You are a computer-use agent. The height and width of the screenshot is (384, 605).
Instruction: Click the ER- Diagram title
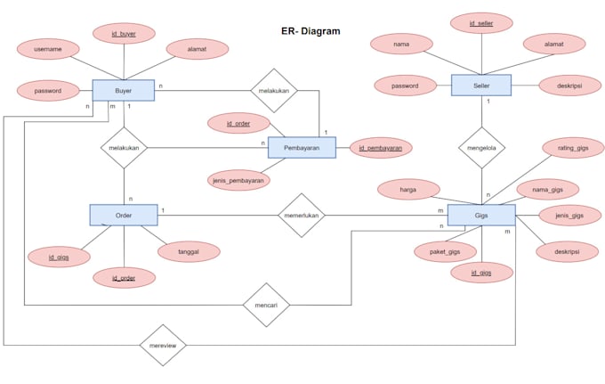coord(304,31)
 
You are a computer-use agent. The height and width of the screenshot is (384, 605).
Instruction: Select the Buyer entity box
coord(124,90)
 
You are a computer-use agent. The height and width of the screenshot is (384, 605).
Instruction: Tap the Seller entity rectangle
coord(481,86)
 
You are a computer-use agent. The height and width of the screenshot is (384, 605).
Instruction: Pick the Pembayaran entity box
coord(302,148)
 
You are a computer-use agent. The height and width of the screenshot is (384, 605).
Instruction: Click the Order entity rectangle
coord(124,215)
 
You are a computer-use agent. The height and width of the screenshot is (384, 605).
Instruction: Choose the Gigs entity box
coord(481,216)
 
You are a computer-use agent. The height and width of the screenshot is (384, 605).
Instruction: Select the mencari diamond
coord(267,304)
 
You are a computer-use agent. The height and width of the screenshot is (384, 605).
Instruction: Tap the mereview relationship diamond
coord(163,345)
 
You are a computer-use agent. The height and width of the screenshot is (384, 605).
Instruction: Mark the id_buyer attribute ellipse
coord(125,34)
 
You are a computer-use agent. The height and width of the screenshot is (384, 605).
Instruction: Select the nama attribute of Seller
coord(401,43)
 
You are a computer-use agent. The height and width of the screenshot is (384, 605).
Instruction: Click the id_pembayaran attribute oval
coord(381,147)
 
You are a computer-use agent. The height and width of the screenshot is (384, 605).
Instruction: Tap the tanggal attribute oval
coord(189,251)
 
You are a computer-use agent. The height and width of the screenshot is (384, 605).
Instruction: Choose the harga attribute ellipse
coord(408,188)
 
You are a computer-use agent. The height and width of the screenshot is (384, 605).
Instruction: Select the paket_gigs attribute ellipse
coord(445,252)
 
